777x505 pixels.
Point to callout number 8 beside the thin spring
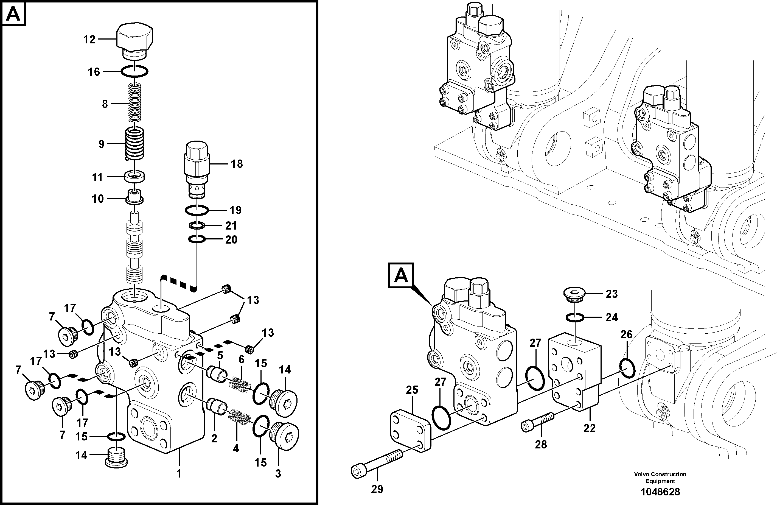(x=105, y=104)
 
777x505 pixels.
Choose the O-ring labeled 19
(x=197, y=211)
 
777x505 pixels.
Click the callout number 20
(x=231, y=240)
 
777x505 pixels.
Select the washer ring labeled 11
(x=134, y=177)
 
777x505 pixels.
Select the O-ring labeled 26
(x=627, y=367)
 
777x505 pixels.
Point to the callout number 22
(x=590, y=428)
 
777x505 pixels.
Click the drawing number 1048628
(x=660, y=492)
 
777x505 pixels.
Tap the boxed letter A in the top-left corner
(x=13, y=14)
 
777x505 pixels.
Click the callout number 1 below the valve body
(x=179, y=473)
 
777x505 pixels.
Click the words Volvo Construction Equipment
(x=660, y=477)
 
